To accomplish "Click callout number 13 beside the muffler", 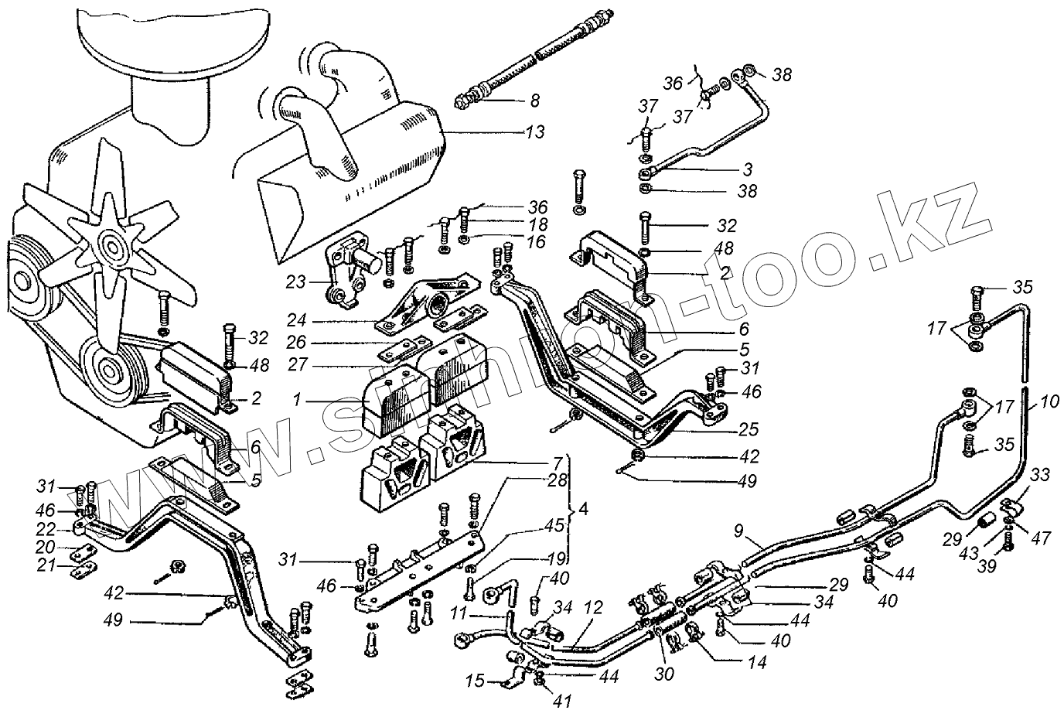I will (533, 132).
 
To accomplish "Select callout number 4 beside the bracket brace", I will (583, 510).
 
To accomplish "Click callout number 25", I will (749, 428).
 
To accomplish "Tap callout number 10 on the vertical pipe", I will (1049, 401).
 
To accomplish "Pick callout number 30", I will (663, 674).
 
